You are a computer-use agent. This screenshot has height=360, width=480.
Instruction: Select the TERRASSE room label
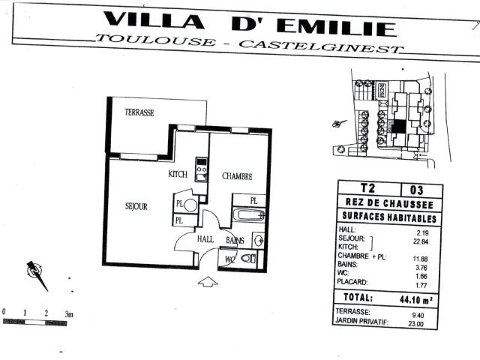tap(139, 112)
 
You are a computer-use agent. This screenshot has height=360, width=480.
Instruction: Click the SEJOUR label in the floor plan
tap(136, 206)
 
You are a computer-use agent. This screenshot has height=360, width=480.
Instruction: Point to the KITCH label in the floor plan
tap(177, 174)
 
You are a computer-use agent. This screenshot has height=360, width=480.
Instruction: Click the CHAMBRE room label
tap(236, 176)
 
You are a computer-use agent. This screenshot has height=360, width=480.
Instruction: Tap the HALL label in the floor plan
tap(205, 239)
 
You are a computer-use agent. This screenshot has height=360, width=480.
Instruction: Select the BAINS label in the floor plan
tap(235, 240)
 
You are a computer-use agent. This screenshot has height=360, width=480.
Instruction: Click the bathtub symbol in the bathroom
tap(248, 215)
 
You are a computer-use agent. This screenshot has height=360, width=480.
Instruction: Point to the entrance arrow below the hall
tap(208, 282)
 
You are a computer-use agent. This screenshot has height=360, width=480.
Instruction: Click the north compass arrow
tap(36, 274)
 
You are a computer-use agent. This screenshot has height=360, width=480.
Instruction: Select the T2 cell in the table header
tap(367, 189)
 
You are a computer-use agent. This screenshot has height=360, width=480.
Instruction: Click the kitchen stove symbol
tap(201, 169)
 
